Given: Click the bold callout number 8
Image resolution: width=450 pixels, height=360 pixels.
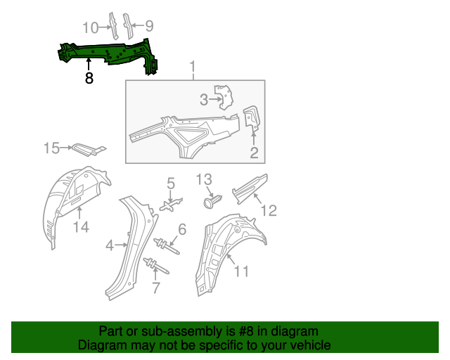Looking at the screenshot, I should (x=89, y=79).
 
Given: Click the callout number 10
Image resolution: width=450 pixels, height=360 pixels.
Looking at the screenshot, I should (x=91, y=27).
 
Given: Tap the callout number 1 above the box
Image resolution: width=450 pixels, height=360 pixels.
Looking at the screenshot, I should (x=192, y=67).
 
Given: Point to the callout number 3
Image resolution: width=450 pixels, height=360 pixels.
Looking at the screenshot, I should (x=204, y=99).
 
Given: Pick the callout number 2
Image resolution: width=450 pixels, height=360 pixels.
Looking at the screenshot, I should (x=254, y=152).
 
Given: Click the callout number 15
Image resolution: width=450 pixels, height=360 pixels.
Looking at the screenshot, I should (x=52, y=148).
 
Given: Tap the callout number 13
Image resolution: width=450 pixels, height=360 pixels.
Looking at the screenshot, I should (x=203, y=179).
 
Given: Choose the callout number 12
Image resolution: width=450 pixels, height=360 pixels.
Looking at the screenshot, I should (x=269, y=210).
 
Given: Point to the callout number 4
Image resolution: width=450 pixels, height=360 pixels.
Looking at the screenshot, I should (x=110, y=245).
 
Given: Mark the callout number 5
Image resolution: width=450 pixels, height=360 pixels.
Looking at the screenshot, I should (x=170, y=184).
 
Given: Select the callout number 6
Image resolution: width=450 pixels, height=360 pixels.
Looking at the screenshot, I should (x=181, y=229).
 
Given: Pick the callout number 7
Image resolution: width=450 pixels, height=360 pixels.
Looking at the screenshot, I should (x=156, y=286).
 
